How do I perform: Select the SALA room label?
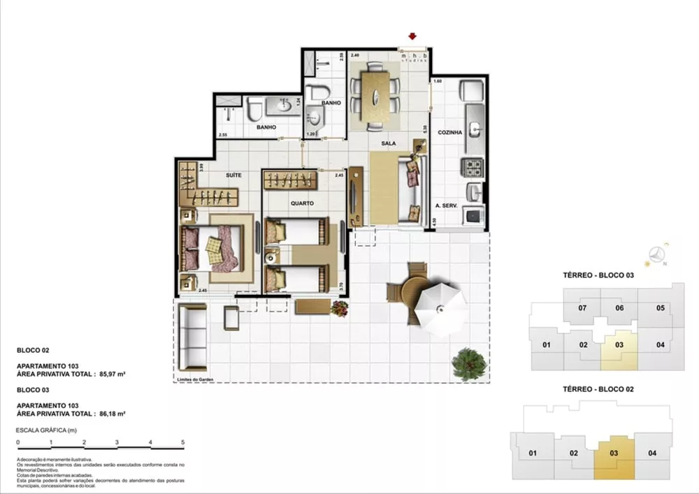(x=389, y=143)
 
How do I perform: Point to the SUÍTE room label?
(x=233, y=175)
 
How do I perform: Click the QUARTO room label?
(x=303, y=203)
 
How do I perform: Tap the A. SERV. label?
(x=446, y=206)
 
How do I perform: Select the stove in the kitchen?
(x=473, y=168)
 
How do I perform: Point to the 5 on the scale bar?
(x=182, y=442)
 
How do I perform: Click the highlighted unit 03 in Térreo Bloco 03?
(x=619, y=344)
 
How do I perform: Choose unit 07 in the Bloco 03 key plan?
(x=582, y=308)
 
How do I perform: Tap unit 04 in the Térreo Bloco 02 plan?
(x=652, y=453)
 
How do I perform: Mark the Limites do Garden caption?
(x=196, y=379)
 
